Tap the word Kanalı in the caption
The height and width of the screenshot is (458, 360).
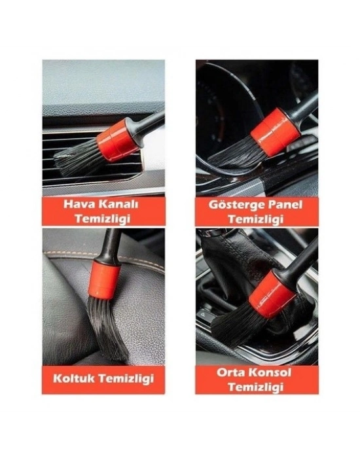coord(118,203)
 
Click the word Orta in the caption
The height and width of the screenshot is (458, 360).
coord(230,373)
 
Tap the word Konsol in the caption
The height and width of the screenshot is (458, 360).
coord(274,373)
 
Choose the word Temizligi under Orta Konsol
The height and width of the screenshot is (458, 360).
coord(257,387)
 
